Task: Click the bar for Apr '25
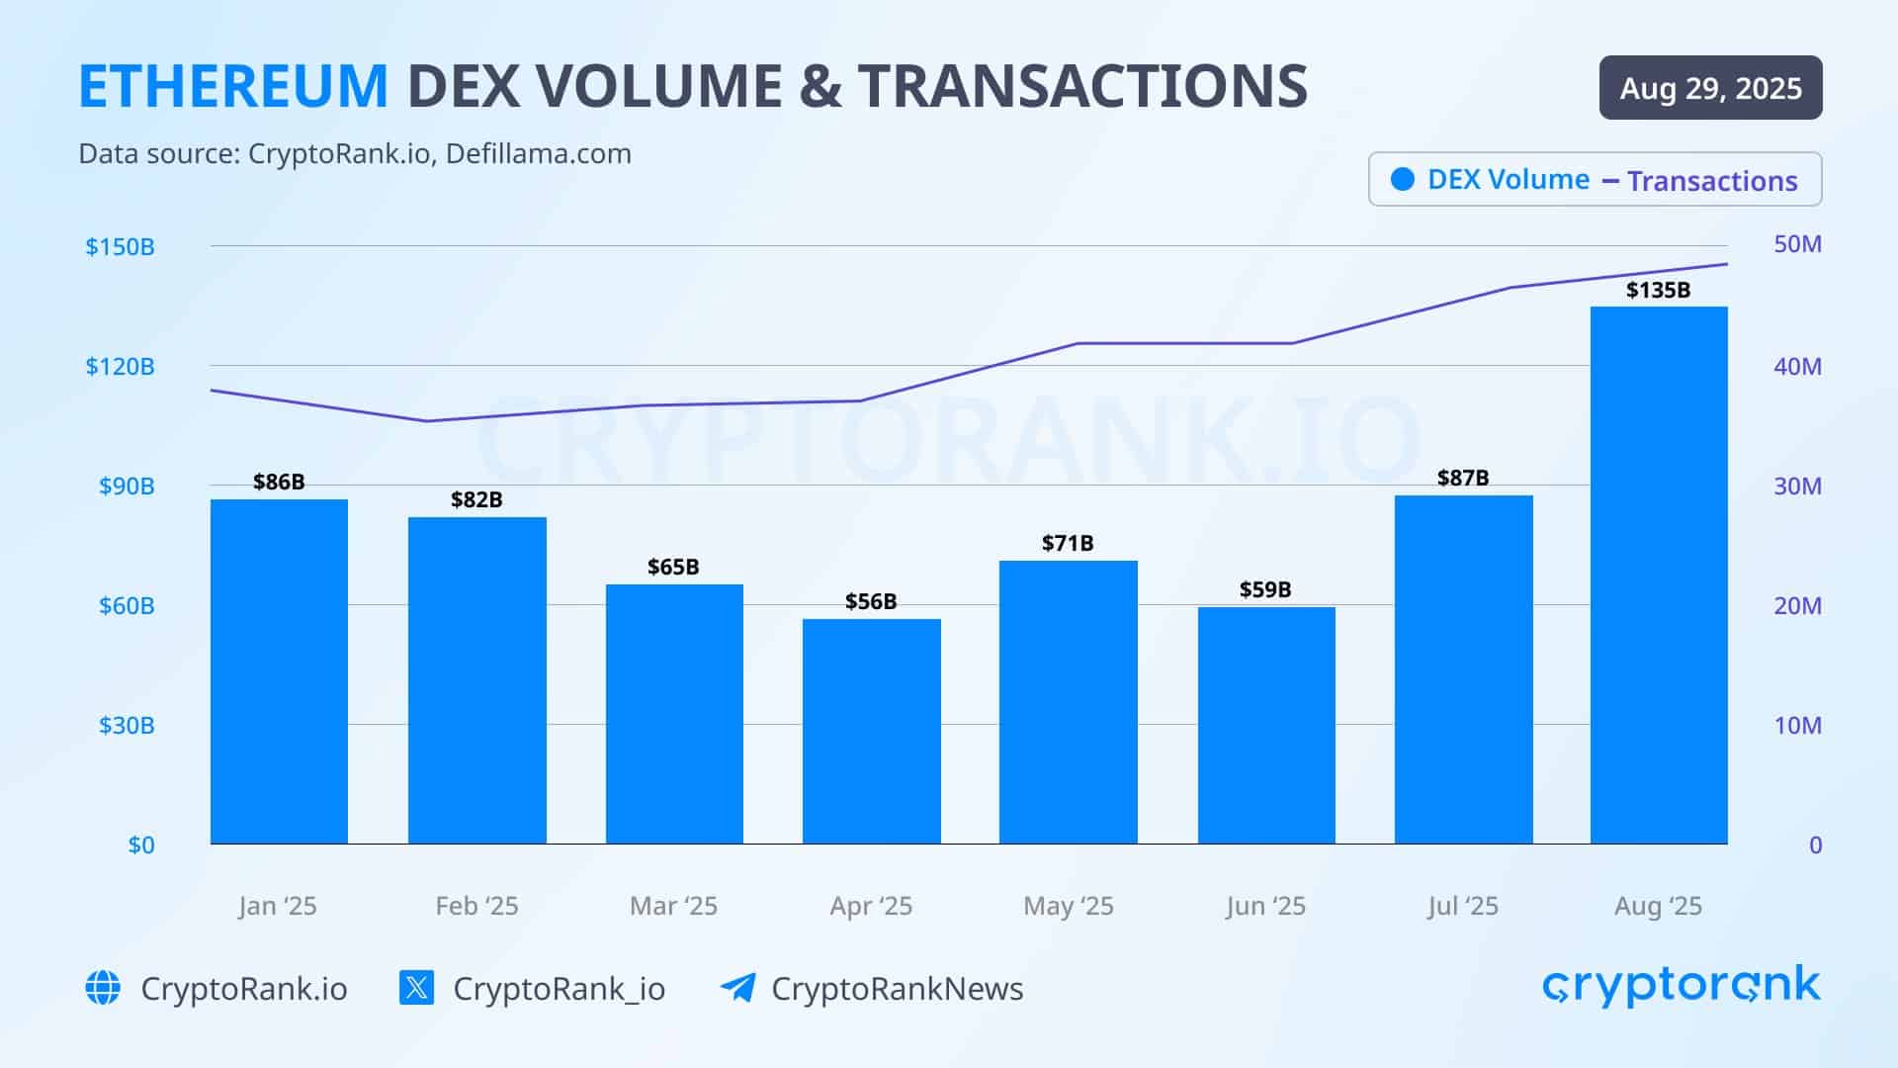pyautogui.click(x=871, y=732)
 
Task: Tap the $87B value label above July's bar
pyautogui.click(x=1462, y=479)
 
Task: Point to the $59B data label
pyautogui.click(x=1265, y=590)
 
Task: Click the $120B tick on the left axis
pyautogui.click(x=120, y=367)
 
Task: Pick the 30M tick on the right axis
pyautogui.click(x=1796, y=487)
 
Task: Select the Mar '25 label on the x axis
pyautogui.click(x=673, y=906)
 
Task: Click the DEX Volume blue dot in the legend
pyautogui.click(x=1402, y=179)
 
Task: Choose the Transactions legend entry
pyautogui.click(x=1711, y=181)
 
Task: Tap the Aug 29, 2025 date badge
pyautogui.click(x=1710, y=88)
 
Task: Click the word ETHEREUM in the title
pyautogui.click(x=233, y=86)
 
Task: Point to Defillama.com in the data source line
pyautogui.click(x=538, y=154)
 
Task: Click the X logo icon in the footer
pyautogui.click(x=416, y=987)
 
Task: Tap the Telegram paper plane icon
pyautogui.click(x=737, y=987)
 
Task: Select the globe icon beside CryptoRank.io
pyautogui.click(x=103, y=987)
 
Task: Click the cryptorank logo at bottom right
pyautogui.click(x=1681, y=986)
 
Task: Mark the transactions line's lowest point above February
pyautogui.click(x=427, y=421)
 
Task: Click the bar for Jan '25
pyautogui.click(x=279, y=672)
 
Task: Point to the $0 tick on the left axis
pyautogui.click(x=141, y=845)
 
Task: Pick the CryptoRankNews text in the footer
pyautogui.click(x=897, y=989)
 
